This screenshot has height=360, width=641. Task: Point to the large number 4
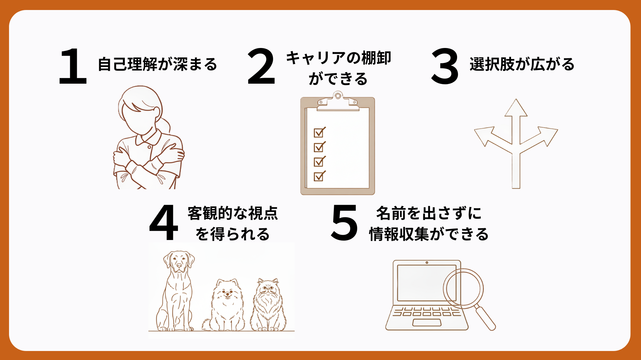(x=164, y=222)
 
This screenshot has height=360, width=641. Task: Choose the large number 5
(x=344, y=222)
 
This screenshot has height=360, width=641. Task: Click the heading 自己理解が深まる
(x=157, y=64)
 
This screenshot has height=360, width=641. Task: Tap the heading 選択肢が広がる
(x=522, y=64)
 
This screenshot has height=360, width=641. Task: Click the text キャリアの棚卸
(x=339, y=58)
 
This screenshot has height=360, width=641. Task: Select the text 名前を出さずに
(x=429, y=213)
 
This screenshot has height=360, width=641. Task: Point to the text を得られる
(x=232, y=234)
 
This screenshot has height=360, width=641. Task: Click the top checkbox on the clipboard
(x=319, y=132)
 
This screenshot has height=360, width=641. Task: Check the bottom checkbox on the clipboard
(x=319, y=176)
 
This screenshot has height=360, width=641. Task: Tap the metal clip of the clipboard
(x=338, y=101)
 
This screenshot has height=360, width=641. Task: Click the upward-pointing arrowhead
(x=516, y=108)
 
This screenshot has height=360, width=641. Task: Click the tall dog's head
(x=179, y=261)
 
